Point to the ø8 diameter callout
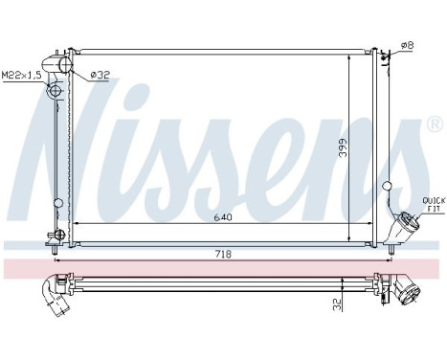click(406, 44)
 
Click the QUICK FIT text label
click(431, 204)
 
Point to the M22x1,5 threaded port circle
click(55, 92)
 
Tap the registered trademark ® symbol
click(435, 125)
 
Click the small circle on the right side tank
click(387, 186)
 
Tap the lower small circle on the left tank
click(58, 202)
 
